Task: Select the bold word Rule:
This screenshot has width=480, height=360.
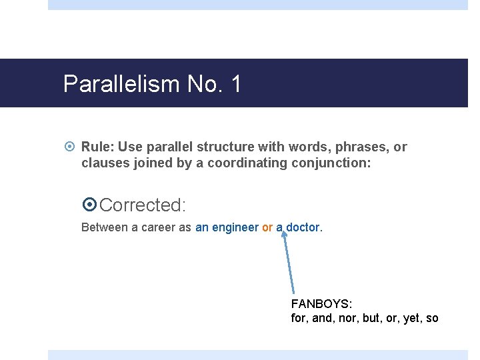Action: (x=98, y=147)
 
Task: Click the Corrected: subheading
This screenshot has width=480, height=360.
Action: (x=142, y=205)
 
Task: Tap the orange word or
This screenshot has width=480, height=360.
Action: (x=267, y=227)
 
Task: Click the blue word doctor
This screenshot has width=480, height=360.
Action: (x=303, y=227)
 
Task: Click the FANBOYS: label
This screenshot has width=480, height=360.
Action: (x=321, y=304)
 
